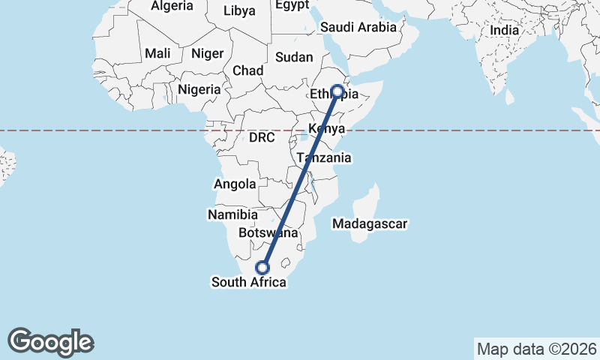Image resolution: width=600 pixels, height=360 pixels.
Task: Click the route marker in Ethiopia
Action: tap(337, 91)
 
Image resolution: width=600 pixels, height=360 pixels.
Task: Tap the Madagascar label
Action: tap(370, 223)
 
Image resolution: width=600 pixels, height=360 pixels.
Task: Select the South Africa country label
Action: tap(248, 283)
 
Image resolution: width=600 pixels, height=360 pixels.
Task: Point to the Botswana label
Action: tap(268, 233)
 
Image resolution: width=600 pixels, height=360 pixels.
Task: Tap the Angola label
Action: tap(235, 184)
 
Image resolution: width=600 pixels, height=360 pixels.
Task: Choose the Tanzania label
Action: tap(324, 158)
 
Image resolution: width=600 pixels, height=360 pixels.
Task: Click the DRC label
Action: tap(262, 138)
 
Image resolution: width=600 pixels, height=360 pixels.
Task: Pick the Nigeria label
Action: tap(199, 89)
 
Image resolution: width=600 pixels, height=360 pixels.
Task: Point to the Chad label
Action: tap(247, 70)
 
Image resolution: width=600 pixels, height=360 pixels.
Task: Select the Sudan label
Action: tap(294, 57)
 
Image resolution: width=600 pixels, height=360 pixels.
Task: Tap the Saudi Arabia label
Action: tap(358, 27)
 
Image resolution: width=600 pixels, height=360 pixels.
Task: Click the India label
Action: tap(505, 31)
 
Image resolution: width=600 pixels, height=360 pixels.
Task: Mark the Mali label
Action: tap(157, 53)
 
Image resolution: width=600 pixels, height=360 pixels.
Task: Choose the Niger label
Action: tap(207, 53)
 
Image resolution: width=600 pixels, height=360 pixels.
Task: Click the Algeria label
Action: tap(172, 6)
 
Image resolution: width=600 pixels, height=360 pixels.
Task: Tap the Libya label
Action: tap(239, 10)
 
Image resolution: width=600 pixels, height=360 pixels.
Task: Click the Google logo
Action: tap(51, 342)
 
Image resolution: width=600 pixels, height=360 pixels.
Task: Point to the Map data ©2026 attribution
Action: tap(537, 349)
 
